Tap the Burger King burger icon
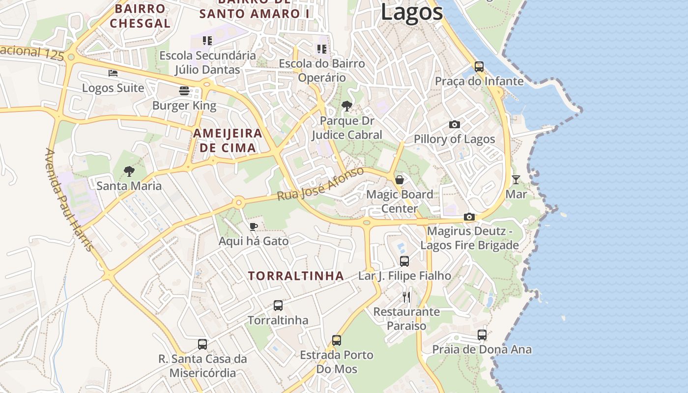(x=184, y=91)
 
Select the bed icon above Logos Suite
(x=113, y=74)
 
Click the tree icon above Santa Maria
(x=129, y=171)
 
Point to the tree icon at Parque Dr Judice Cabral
(x=346, y=106)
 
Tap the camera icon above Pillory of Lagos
(x=454, y=125)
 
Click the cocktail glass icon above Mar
(x=516, y=180)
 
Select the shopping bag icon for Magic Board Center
(x=400, y=180)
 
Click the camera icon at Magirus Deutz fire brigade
(x=469, y=217)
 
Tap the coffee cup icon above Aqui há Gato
(x=253, y=226)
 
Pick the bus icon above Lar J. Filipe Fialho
(x=404, y=261)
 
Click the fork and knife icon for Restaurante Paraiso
(x=406, y=297)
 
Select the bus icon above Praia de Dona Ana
(x=482, y=335)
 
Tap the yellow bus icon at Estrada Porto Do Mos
(x=337, y=340)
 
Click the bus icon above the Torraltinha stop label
(x=278, y=306)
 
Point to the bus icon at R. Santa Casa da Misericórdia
(x=202, y=344)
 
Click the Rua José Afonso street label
(x=320, y=184)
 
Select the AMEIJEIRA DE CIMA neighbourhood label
(x=227, y=140)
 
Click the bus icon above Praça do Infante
(x=479, y=67)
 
